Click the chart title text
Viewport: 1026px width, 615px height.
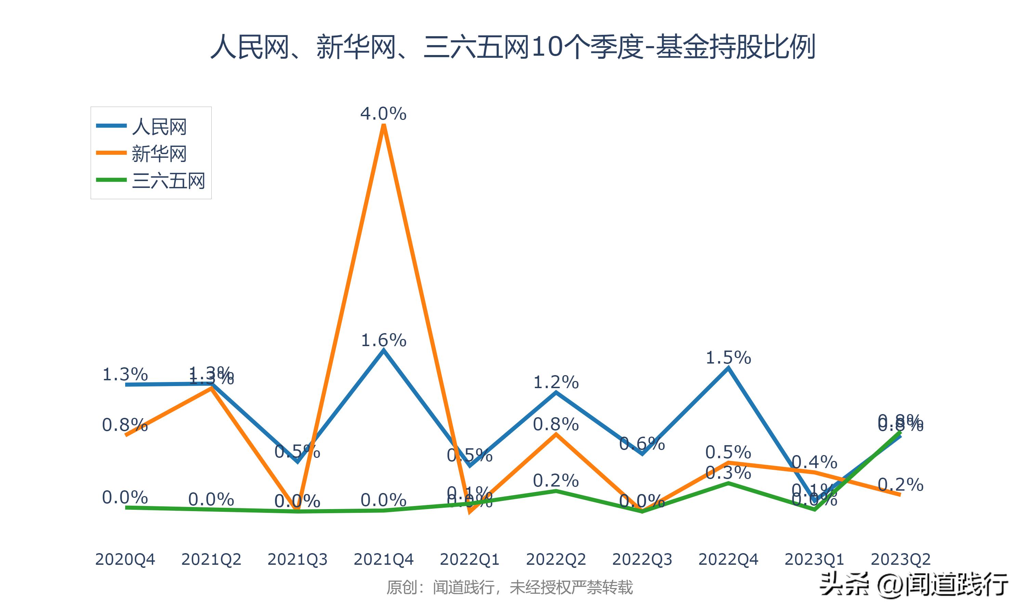coord(513,46)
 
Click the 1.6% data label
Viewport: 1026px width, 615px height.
coord(384,340)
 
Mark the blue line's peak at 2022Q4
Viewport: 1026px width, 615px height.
coord(728,368)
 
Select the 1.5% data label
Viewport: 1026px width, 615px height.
coord(728,357)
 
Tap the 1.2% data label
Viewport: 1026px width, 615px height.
coord(556,382)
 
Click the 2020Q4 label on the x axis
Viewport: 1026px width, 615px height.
coord(125,559)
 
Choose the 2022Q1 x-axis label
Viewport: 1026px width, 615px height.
coord(470,559)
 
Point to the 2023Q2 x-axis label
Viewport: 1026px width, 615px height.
coord(900,559)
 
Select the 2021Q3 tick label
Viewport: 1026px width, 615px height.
coord(297,559)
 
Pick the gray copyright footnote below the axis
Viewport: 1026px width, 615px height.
coord(510,587)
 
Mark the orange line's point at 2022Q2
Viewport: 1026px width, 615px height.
coord(556,434)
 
